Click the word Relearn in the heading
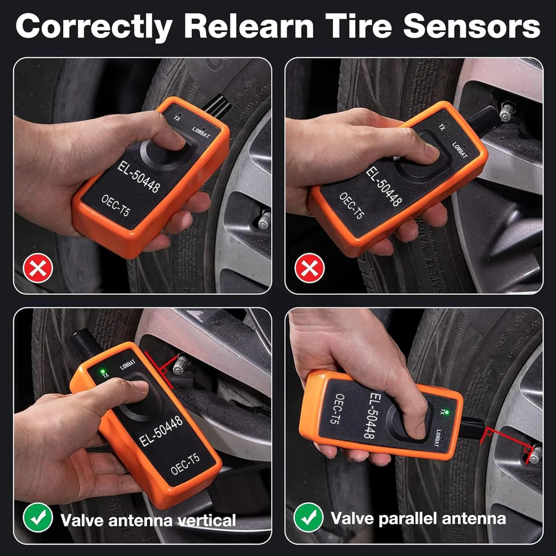[249, 26]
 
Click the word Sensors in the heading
[471, 26]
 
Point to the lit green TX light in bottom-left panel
[101, 371]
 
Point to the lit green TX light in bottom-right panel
[447, 412]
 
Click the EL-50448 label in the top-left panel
[139, 177]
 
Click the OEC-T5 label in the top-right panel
[352, 205]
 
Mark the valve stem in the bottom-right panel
[534, 455]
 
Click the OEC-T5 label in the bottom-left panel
[185, 464]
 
